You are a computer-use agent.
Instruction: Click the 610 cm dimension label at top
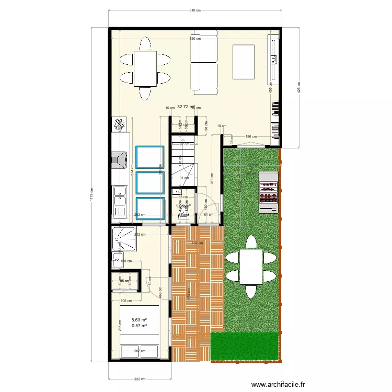coord(194,10)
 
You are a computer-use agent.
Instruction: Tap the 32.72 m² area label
coord(186,107)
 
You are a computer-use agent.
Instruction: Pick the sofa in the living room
coord(204,62)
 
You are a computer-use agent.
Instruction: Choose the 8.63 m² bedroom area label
coord(139,320)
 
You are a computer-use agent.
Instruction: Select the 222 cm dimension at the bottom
coord(139,379)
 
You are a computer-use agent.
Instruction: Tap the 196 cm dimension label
coord(251,136)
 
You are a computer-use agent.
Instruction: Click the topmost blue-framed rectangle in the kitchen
coord(150,157)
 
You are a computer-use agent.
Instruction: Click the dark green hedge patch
coord(244,346)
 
